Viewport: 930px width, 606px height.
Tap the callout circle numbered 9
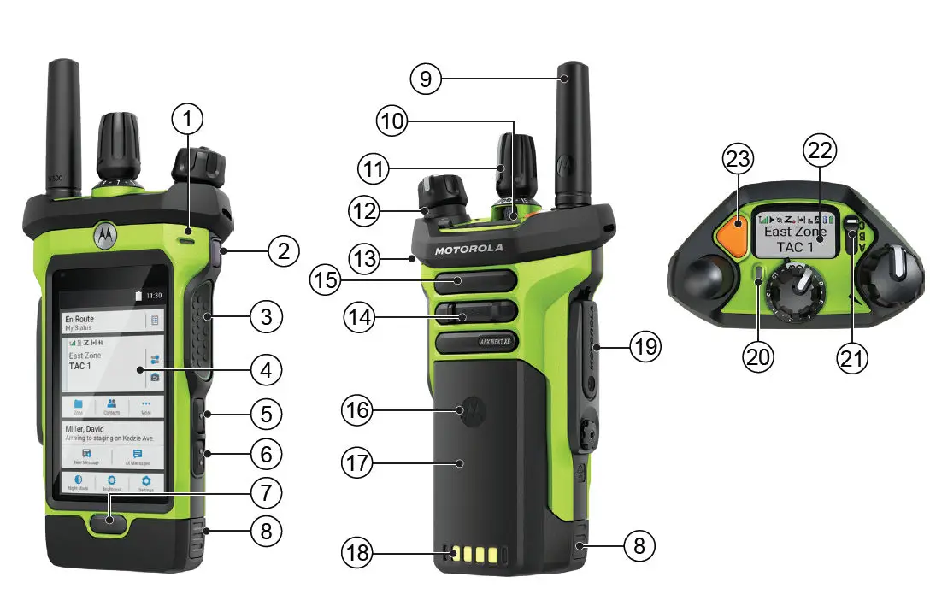point(426,79)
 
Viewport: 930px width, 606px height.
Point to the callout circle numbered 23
point(739,159)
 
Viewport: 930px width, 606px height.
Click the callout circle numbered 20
point(756,355)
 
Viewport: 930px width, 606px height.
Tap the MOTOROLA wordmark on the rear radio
point(468,250)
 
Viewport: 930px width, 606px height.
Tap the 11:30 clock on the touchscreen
point(154,295)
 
